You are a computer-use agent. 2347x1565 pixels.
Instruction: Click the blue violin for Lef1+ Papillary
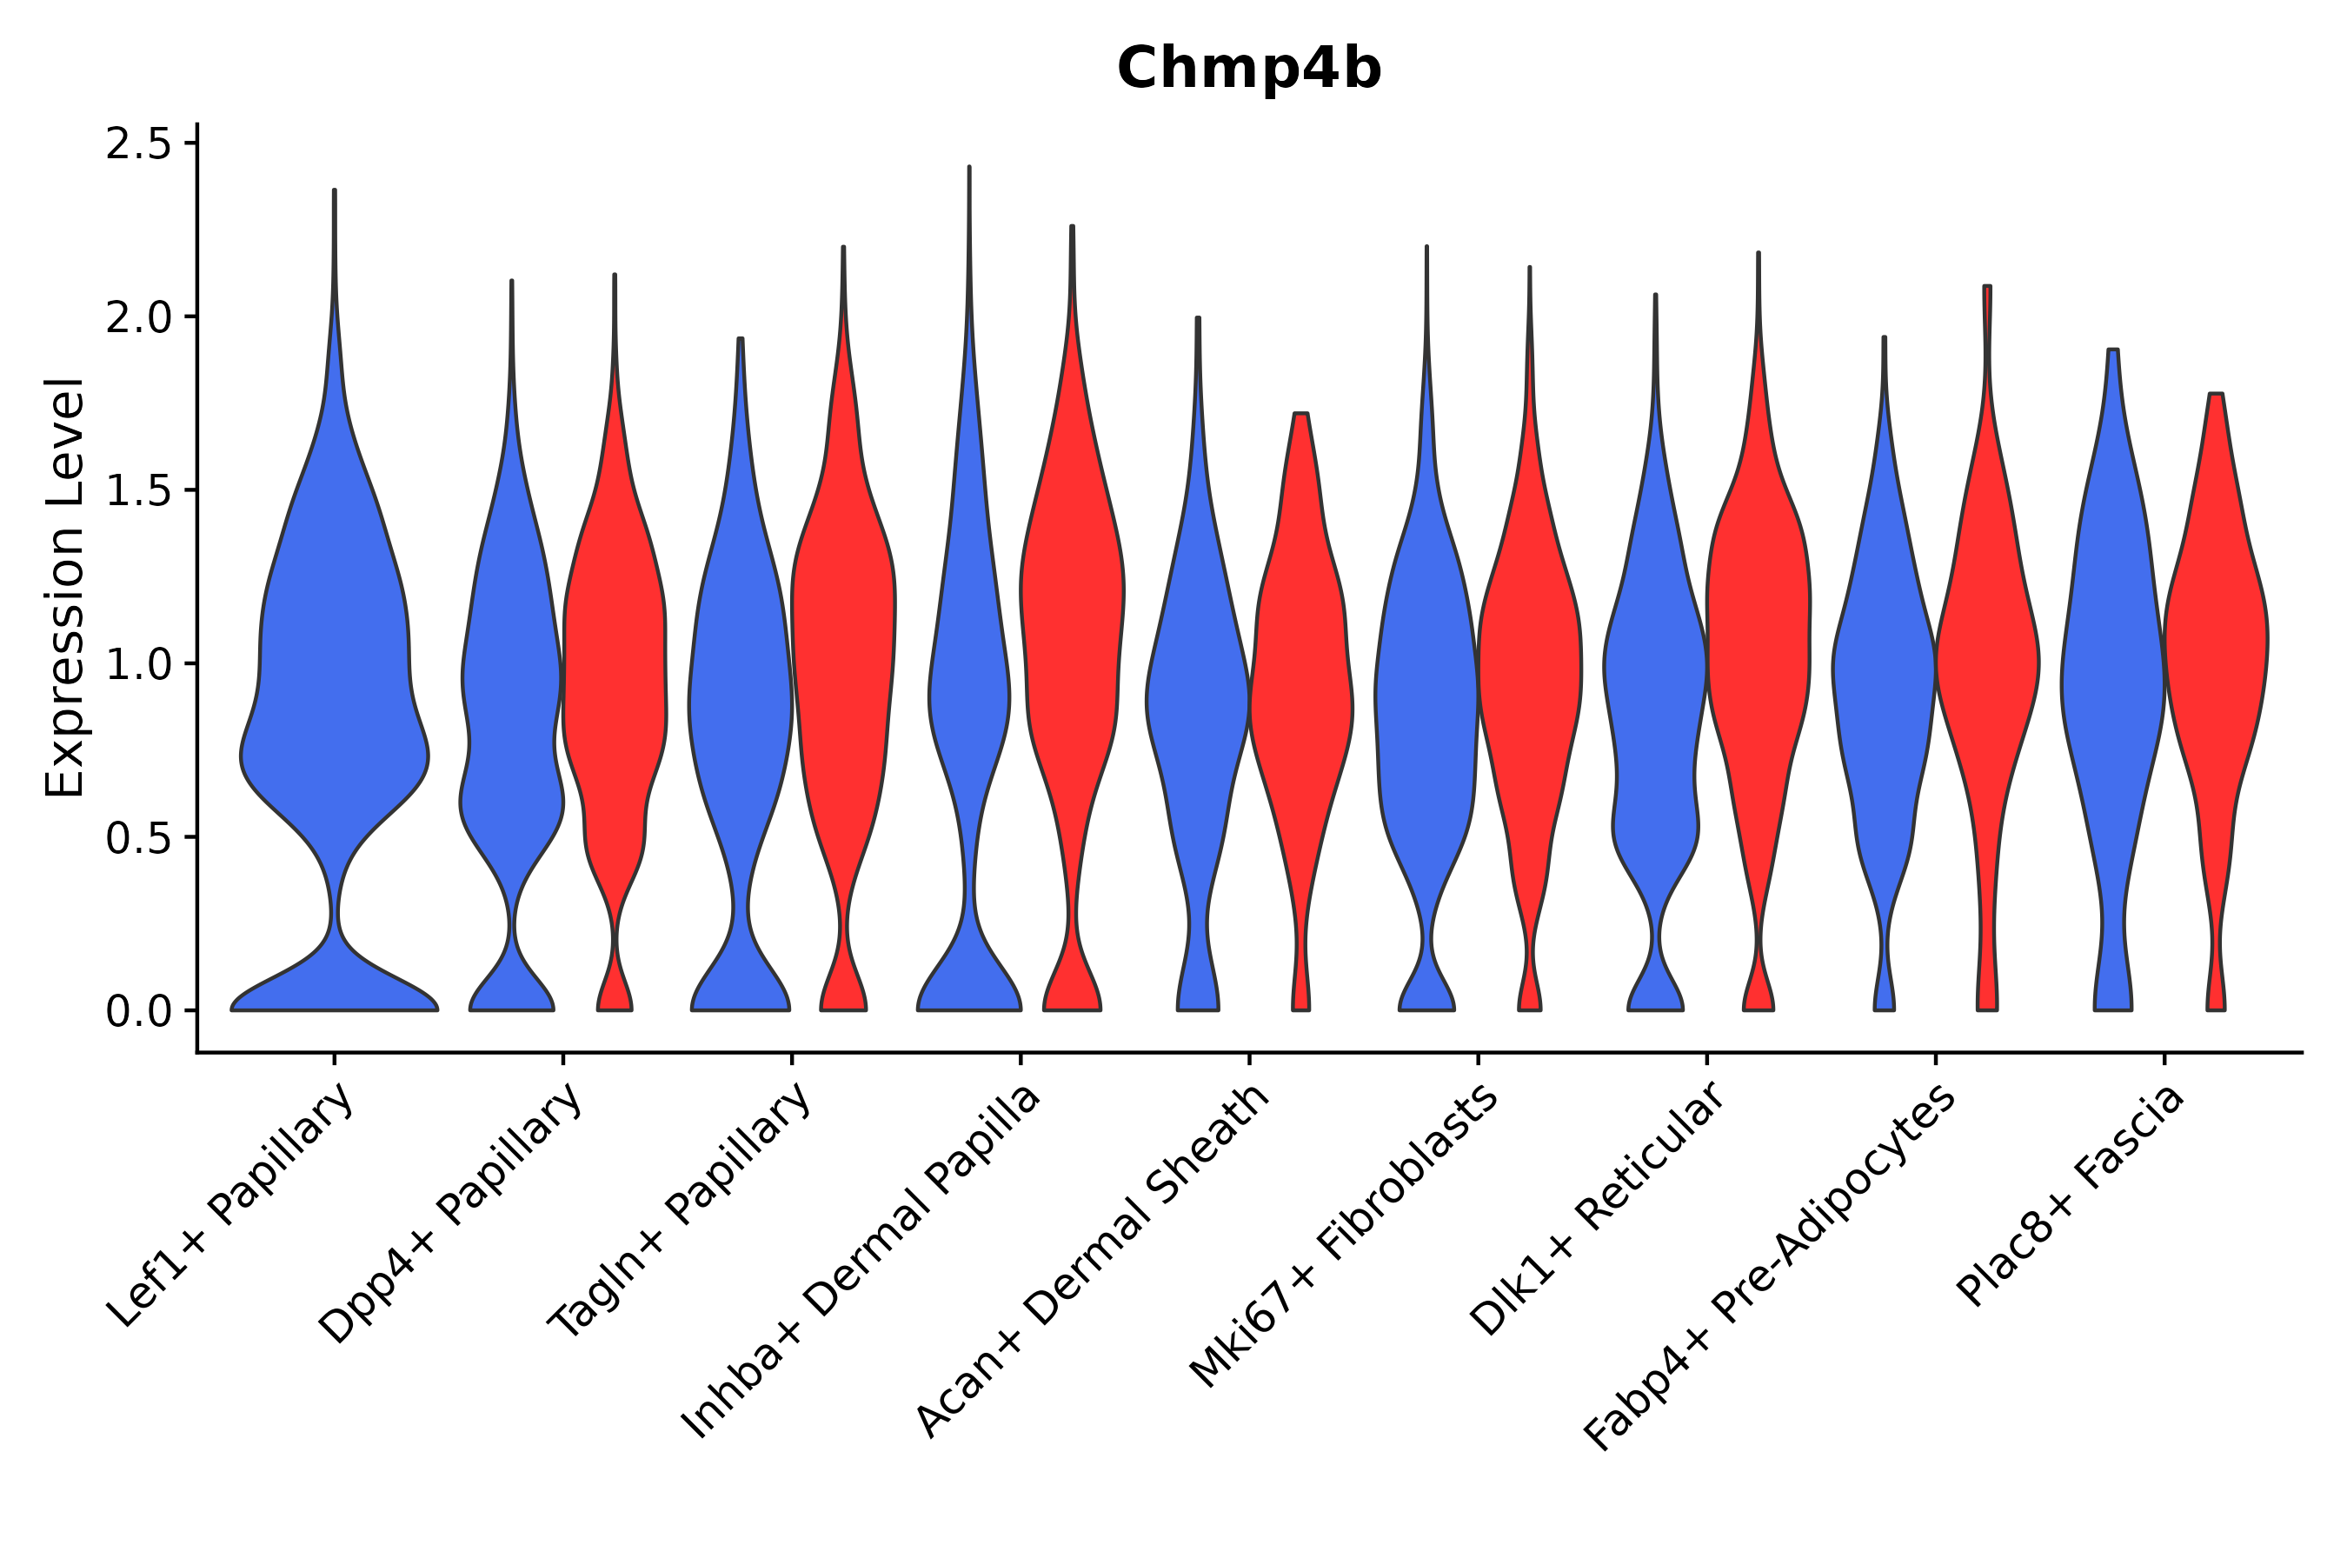click(335, 699)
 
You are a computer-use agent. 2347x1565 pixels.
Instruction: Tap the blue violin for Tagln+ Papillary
click(741, 699)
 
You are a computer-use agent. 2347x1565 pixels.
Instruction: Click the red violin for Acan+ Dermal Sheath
click(1300, 699)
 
